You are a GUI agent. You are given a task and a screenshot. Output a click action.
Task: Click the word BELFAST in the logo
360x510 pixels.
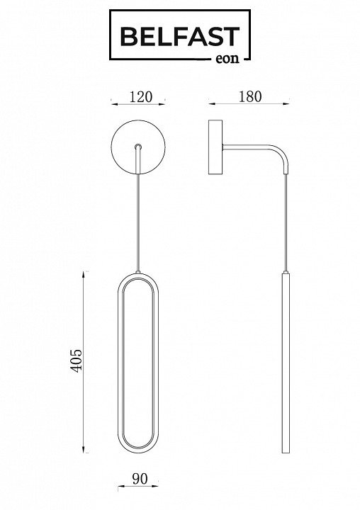pyautogui.click(x=180, y=36)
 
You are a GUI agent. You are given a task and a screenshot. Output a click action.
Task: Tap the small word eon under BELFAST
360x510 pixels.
pyautogui.click(x=227, y=59)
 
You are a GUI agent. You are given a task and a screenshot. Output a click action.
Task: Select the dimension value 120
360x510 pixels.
pyautogui.click(x=141, y=97)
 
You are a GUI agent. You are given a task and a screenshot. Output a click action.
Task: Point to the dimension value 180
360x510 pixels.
pyautogui.click(x=250, y=96)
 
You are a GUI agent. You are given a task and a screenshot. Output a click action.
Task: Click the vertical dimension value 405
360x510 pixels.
pyautogui.click(x=77, y=361)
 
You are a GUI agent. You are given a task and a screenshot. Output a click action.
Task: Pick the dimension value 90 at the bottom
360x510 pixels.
pyautogui.click(x=140, y=478)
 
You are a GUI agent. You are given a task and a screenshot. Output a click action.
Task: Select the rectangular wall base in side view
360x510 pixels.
pyautogui.click(x=215, y=147)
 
